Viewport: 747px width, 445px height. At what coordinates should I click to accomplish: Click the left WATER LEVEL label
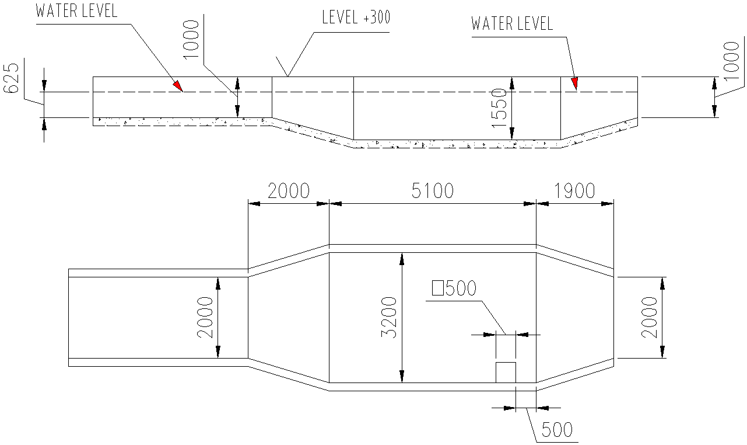point(76,11)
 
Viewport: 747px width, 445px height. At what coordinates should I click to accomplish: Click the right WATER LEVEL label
point(511,24)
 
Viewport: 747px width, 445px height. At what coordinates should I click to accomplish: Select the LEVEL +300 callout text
point(356,18)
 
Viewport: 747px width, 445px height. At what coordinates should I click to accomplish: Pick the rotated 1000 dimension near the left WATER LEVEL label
point(191,41)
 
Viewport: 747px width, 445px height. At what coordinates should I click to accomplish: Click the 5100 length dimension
point(432,191)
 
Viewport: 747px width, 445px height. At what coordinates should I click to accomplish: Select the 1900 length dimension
point(574,191)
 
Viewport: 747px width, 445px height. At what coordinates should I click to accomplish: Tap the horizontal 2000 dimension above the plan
point(289,191)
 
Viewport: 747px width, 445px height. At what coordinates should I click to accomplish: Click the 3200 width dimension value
point(389,317)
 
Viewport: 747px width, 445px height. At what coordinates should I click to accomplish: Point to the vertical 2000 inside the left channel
point(205,317)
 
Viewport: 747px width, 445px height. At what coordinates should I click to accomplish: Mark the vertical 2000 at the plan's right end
point(650,317)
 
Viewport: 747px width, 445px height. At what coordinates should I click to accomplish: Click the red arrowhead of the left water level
point(177,86)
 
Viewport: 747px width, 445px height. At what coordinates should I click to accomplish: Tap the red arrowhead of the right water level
point(574,84)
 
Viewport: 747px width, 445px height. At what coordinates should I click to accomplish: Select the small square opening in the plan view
point(506,372)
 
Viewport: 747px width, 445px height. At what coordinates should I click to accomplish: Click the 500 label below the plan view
point(557,430)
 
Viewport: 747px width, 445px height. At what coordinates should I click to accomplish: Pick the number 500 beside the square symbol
point(461,288)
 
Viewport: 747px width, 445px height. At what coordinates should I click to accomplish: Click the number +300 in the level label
point(376,18)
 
